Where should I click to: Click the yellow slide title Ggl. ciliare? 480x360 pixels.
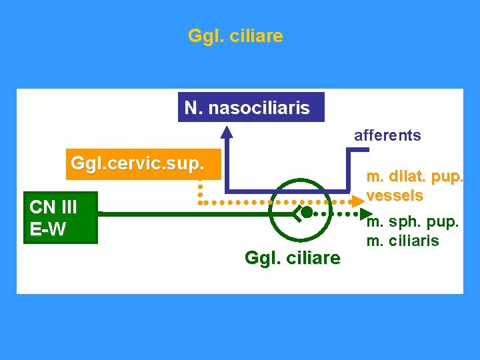point(235,35)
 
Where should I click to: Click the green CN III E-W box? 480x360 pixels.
point(60,217)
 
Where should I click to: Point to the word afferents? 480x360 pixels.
point(387,136)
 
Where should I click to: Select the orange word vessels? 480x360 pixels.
point(395,196)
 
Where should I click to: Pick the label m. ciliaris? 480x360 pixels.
point(403,240)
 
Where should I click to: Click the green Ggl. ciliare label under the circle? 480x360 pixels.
point(293,257)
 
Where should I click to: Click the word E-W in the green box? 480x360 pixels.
point(48,229)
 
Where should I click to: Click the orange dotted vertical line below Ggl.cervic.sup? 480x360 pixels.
point(199,189)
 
